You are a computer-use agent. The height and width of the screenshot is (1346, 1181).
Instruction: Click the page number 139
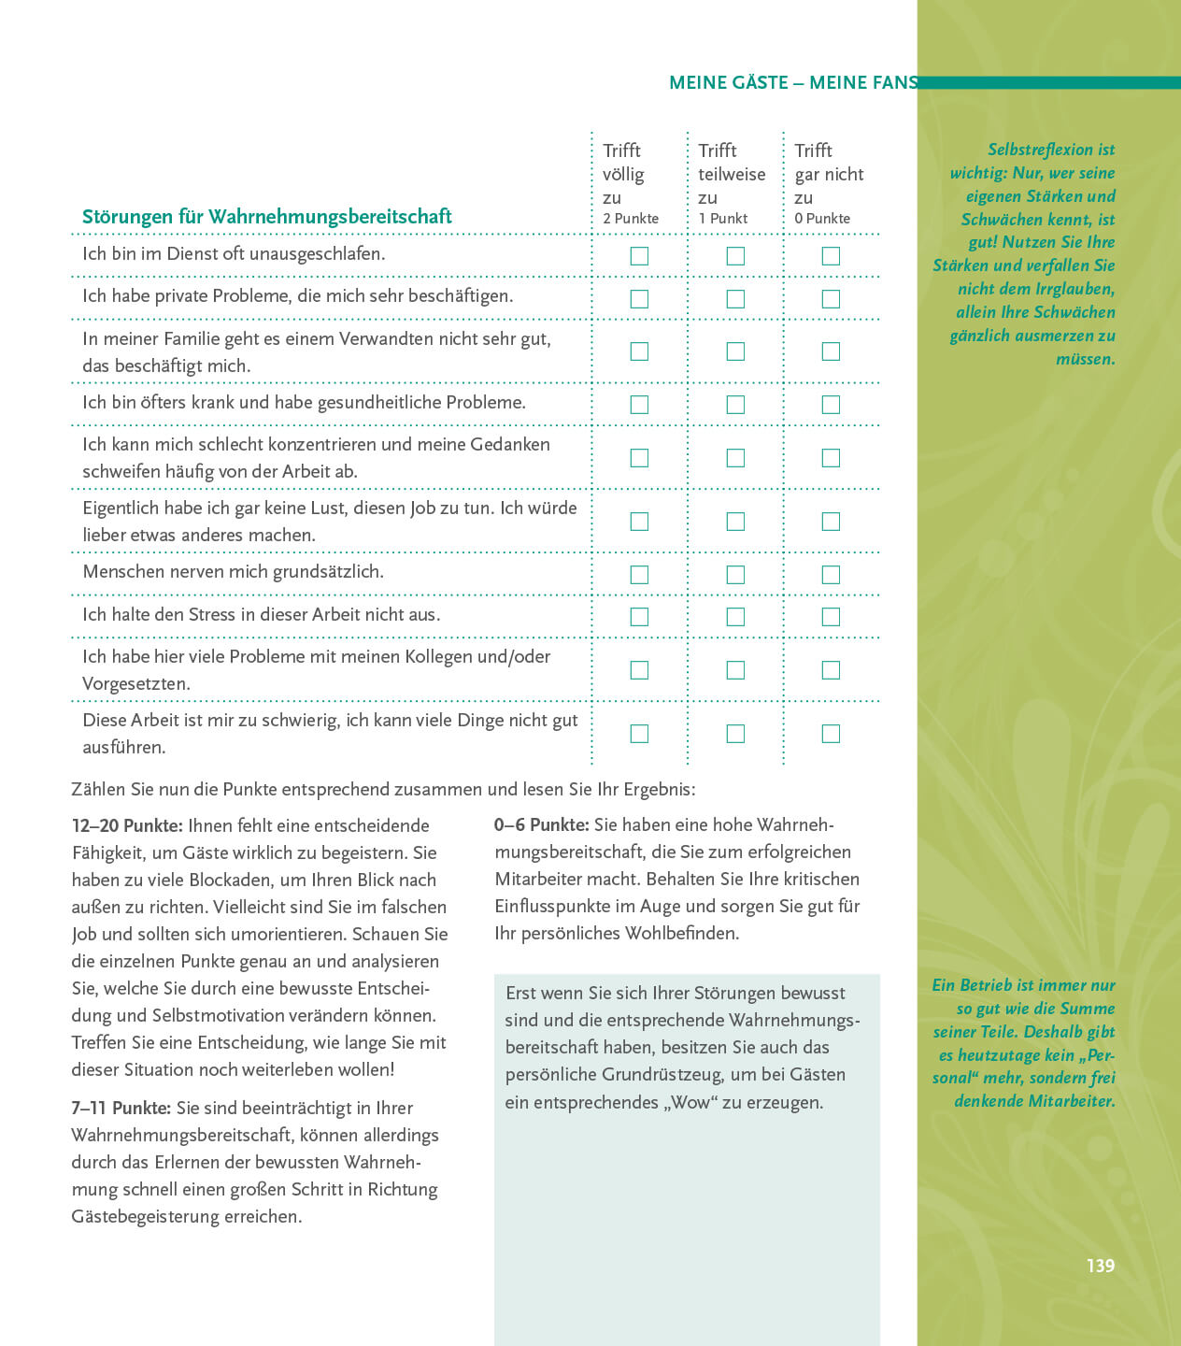[x=1100, y=1266]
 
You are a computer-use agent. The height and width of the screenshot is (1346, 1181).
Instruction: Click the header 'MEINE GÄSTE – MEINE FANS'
[x=793, y=83]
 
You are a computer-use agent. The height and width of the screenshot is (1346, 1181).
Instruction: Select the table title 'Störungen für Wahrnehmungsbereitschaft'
[x=266, y=217]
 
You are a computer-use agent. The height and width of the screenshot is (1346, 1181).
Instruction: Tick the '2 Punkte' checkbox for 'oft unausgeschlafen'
[x=639, y=256]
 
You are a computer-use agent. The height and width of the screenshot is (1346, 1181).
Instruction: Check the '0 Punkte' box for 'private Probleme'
[x=831, y=299]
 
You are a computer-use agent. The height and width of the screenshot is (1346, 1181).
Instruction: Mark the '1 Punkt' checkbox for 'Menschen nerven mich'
[x=735, y=575]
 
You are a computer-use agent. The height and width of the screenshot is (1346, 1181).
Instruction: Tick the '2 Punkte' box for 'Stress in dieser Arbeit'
[x=639, y=617]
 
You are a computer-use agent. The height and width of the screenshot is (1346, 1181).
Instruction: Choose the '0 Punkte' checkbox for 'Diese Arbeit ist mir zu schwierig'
[x=831, y=734]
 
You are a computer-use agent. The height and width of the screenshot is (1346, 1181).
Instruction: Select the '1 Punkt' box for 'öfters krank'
[x=735, y=405]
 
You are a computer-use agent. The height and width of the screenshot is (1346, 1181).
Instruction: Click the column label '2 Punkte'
[x=631, y=219]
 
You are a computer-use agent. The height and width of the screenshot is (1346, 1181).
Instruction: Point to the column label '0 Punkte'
[x=822, y=219]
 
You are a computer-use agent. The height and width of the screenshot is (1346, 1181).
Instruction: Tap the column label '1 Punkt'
[x=723, y=219]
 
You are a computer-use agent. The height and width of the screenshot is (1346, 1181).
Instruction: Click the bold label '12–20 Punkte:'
[x=127, y=826]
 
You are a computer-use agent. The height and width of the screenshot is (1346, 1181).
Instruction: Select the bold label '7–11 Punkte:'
[x=121, y=1109]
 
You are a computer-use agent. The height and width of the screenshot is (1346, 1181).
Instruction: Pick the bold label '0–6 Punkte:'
[x=542, y=825]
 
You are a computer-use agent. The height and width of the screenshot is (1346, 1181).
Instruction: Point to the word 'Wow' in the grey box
[x=691, y=1103]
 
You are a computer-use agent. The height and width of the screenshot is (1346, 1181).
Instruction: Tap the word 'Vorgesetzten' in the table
[x=136, y=684]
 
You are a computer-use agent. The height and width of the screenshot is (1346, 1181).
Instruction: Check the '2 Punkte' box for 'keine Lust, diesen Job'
[x=639, y=522]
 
